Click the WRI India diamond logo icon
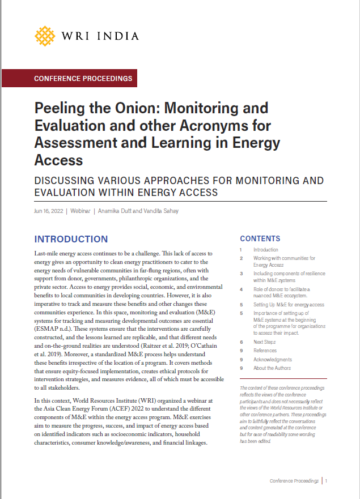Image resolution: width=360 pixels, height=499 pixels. point(45,36)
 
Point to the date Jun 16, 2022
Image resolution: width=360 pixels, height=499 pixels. point(48,211)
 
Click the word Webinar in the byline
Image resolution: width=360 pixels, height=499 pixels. point(81,211)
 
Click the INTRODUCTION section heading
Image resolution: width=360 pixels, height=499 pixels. point(71,240)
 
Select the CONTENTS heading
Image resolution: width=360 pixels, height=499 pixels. point(260,239)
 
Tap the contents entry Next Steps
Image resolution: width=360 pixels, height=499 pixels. point(265,342)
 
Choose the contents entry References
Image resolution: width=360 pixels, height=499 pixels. point(265,351)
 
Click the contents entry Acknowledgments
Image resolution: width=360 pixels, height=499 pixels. point(273,359)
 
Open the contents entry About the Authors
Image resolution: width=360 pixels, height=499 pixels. point(273,368)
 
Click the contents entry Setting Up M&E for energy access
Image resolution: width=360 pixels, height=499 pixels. point(289,305)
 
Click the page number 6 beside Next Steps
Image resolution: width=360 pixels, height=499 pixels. point(241,342)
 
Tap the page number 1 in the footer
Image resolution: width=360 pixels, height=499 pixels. point(327,480)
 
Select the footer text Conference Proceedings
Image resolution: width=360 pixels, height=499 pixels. point(294,480)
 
